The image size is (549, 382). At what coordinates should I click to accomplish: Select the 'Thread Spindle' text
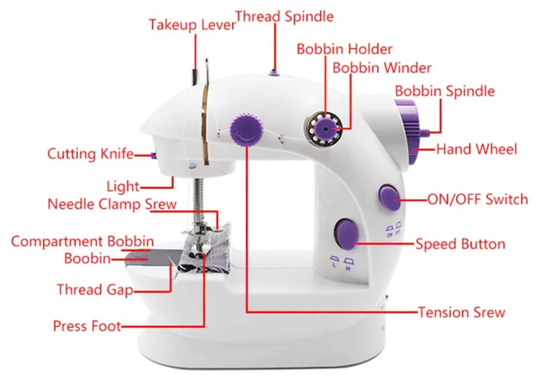pyautogui.click(x=284, y=16)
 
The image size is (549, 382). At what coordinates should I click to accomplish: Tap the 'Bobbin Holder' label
pyautogui.click(x=345, y=49)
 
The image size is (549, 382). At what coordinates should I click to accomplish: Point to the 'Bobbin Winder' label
pyautogui.click(x=382, y=68)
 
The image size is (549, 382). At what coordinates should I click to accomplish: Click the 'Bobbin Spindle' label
pyautogui.click(x=445, y=91)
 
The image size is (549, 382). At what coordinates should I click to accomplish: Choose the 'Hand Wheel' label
pyautogui.click(x=476, y=149)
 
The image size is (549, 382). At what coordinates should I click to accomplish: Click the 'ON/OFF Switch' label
pyautogui.click(x=477, y=200)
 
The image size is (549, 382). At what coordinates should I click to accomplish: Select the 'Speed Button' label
pyautogui.click(x=460, y=244)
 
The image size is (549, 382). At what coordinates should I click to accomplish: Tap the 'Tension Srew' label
pyautogui.click(x=461, y=312)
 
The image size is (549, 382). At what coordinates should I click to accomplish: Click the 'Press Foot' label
pyautogui.click(x=87, y=326)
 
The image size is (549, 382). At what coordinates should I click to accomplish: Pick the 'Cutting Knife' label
pyautogui.click(x=90, y=154)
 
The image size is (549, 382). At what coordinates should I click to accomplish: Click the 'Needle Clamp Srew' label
pyautogui.click(x=112, y=205)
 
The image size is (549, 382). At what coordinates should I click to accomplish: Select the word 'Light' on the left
pyautogui.click(x=123, y=186)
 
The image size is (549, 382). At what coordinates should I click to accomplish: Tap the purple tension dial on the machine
pyautogui.click(x=245, y=130)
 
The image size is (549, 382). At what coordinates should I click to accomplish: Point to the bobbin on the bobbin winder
pyautogui.click(x=324, y=127)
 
